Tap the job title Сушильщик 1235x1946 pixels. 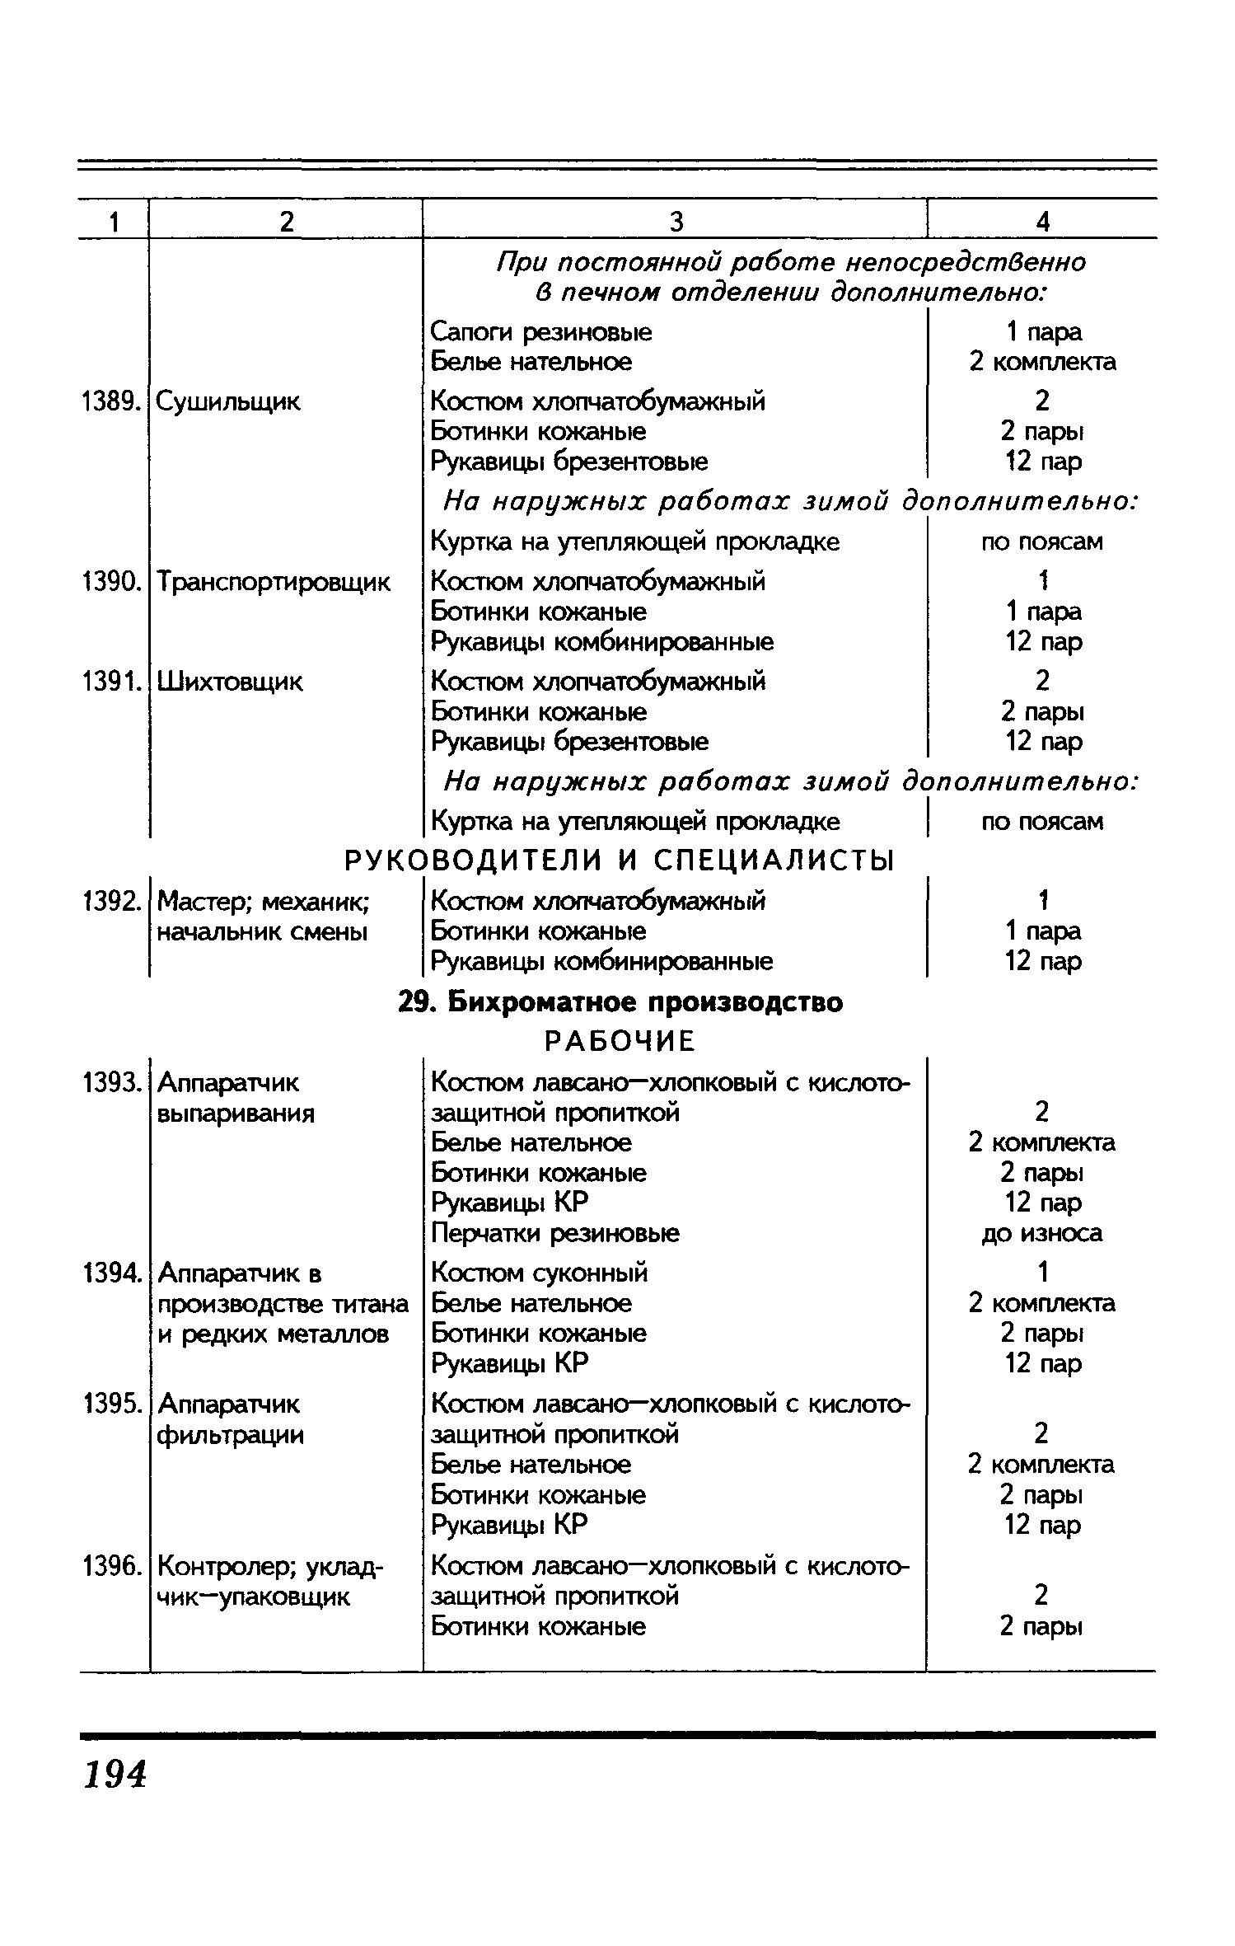click(x=228, y=402)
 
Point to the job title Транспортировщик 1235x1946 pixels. click(x=274, y=582)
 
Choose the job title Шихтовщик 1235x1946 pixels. click(x=230, y=682)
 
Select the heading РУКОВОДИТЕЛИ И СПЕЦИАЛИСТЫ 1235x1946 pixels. click(x=619, y=861)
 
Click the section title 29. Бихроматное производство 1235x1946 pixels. click(x=621, y=1002)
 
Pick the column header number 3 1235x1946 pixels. click(x=676, y=222)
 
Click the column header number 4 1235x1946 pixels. click(x=1043, y=222)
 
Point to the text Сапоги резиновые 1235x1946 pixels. click(x=541, y=332)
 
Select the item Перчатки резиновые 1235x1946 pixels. click(x=556, y=1233)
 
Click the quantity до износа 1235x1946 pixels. click(x=1042, y=1233)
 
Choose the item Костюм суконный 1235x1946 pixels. click(x=540, y=1273)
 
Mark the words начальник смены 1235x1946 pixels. click(x=261, y=932)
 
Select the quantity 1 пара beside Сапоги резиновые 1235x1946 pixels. click(x=1043, y=332)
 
